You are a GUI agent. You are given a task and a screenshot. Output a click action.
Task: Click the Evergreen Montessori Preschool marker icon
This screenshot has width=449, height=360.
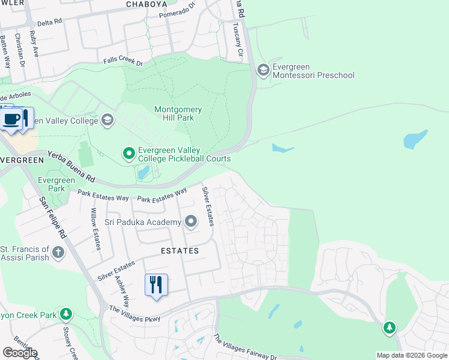click(263, 70)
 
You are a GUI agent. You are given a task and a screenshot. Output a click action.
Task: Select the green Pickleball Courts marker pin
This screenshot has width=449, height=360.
click(128, 154)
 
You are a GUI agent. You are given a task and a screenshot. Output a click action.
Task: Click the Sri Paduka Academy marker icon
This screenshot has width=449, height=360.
click(191, 223)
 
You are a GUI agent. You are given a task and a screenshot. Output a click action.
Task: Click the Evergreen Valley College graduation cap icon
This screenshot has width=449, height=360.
click(107, 121)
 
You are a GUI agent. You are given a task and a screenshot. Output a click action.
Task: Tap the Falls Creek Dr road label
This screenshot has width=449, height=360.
click(122, 62)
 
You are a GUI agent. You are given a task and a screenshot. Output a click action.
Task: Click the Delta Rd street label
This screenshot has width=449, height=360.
click(49, 22)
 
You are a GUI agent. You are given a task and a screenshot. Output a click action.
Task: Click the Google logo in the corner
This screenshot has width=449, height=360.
click(20, 353)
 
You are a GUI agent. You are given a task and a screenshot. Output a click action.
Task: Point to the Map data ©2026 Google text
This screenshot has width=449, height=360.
click(411, 355)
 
